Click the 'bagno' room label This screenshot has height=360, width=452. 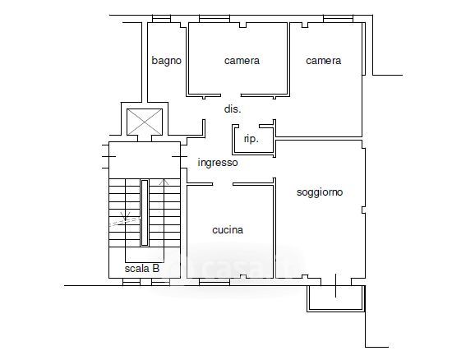click(166, 61)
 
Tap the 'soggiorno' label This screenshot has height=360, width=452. click(320, 192)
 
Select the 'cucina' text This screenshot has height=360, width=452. click(228, 229)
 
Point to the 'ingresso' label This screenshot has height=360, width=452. click(218, 163)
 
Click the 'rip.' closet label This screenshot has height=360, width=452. click(251, 139)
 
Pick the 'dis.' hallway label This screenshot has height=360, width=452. click(233, 109)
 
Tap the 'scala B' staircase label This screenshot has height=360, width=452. click(142, 269)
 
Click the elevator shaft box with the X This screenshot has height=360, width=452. click(145, 122)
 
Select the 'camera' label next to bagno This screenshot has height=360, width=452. click(242, 61)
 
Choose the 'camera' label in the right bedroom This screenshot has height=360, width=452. click(324, 61)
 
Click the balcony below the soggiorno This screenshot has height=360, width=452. click(336, 298)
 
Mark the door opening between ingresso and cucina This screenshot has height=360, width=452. click(223, 184)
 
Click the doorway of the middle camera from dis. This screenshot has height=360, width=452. click(231, 95)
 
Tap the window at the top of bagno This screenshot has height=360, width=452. click(161, 19)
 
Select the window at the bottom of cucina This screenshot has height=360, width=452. click(214, 282)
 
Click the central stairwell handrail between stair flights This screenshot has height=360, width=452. click(145, 213)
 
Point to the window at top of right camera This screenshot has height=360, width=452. click(338, 19)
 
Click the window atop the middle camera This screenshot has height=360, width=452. click(214, 19)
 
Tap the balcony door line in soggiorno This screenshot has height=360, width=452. click(335, 285)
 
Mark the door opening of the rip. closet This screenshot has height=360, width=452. click(249, 126)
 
